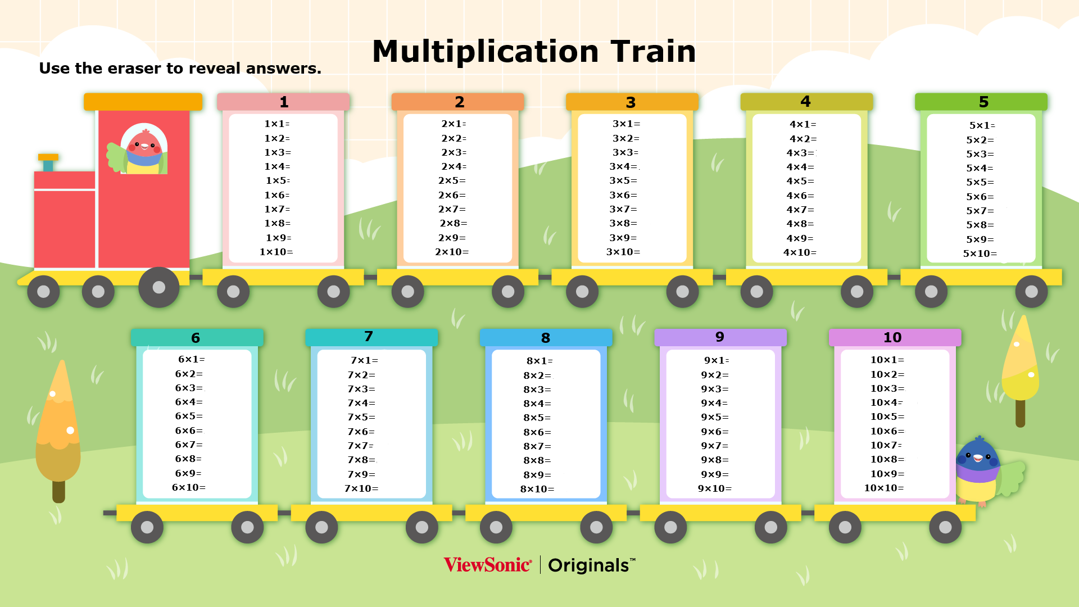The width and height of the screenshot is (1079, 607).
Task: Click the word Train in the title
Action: tap(653, 52)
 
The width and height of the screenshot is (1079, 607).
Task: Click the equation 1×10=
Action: tap(276, 252)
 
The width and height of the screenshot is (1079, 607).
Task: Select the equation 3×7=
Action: tap(623, 209)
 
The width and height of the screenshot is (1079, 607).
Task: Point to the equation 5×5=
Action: tap(980, 182)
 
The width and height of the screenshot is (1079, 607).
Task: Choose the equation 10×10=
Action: tap(884, 488)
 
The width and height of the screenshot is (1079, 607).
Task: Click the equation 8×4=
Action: tap(537, 404)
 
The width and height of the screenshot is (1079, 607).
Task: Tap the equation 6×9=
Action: tap(188, 473)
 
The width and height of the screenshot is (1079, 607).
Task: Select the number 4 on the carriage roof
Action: tap(805, 102)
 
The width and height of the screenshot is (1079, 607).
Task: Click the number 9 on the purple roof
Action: tap(720, 337)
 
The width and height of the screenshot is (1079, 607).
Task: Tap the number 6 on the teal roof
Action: tap(196, 338)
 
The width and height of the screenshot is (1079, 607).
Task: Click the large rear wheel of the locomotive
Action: tap(159, 287)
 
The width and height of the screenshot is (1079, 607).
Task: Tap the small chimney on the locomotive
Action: tap(48, 162)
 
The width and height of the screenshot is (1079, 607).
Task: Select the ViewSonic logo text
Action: tap(487, 565)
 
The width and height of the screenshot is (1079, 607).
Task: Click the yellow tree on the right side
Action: tap(1020, 371)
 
